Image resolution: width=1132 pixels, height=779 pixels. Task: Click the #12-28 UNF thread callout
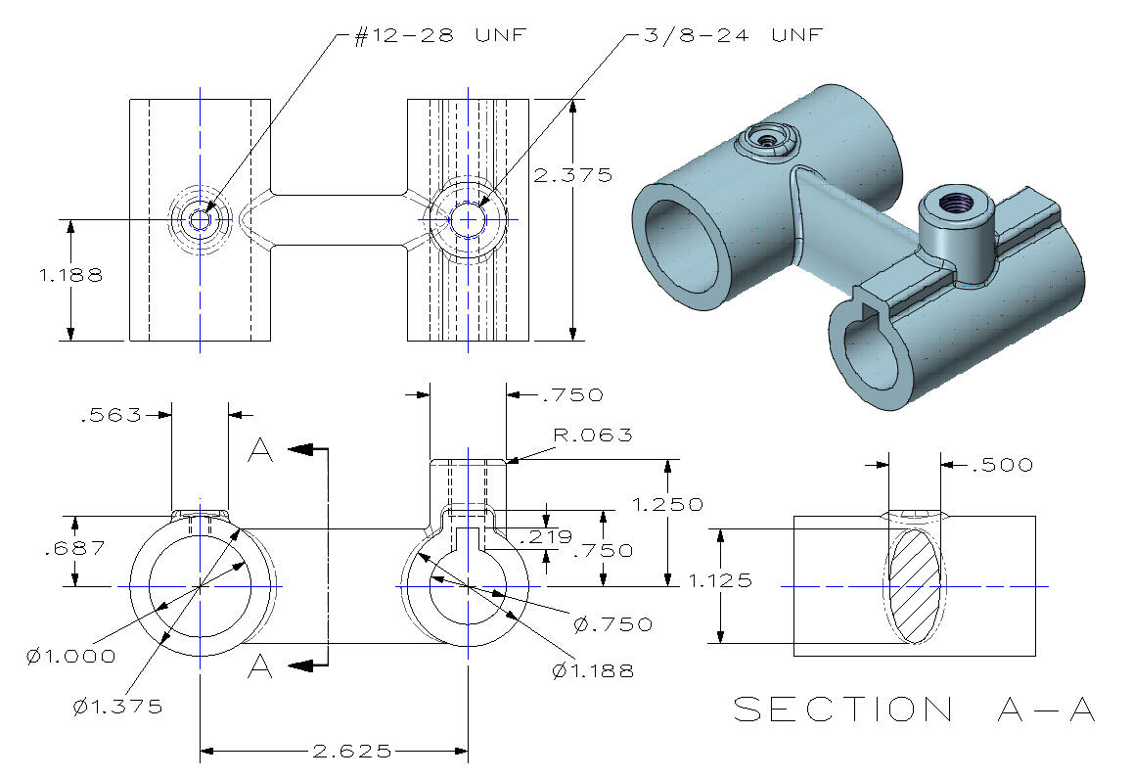440,35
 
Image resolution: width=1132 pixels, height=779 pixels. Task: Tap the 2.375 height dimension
572,175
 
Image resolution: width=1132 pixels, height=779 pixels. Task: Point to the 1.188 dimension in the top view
70,275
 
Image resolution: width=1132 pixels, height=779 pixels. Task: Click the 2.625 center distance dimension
352,752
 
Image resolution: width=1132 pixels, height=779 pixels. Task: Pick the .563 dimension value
112,414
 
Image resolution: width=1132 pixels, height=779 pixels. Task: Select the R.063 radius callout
593,435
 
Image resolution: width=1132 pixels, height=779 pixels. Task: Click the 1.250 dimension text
668,504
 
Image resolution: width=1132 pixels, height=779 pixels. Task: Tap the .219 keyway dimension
545,537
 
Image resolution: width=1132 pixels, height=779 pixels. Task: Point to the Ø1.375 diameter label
117,706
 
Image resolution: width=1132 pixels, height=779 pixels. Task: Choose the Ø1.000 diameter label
70,657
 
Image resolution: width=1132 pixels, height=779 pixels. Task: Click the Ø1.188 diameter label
593,670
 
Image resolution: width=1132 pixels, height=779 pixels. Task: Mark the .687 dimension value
74,548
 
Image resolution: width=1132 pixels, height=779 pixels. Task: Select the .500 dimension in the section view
1002,465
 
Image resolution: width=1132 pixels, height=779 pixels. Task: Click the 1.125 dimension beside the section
720,580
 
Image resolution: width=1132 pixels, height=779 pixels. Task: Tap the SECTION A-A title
915,709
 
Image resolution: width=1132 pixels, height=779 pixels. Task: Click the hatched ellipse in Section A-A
915,585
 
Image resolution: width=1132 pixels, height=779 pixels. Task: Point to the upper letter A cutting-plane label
260,450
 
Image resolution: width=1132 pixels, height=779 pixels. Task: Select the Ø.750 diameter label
612,623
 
